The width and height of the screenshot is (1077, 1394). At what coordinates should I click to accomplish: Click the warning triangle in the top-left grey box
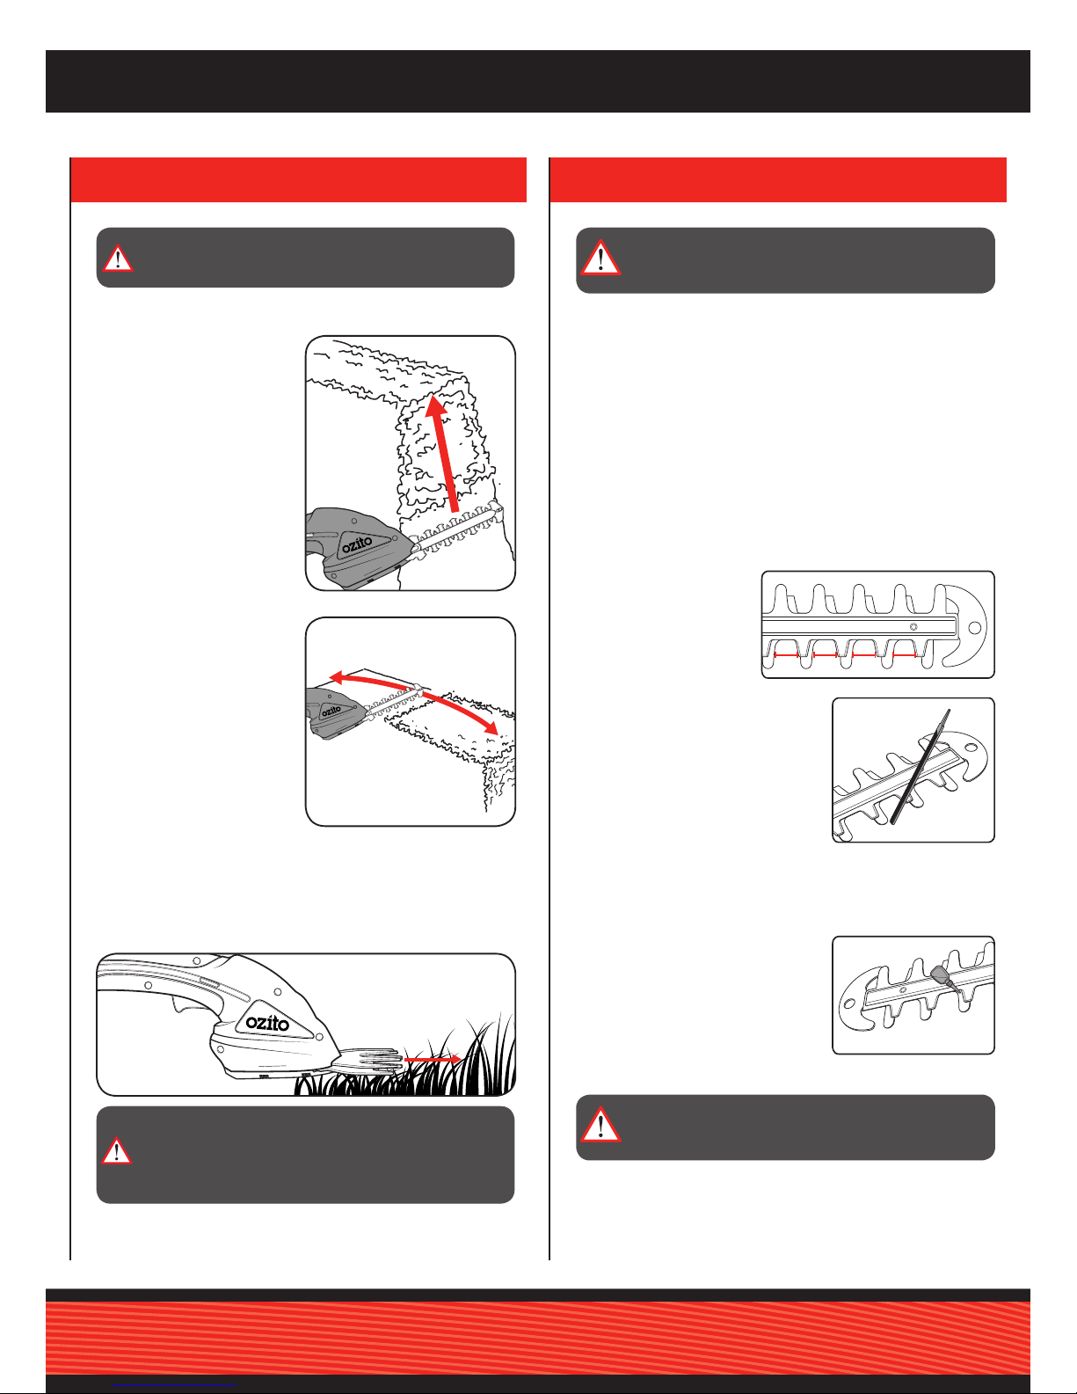tap(118, 259)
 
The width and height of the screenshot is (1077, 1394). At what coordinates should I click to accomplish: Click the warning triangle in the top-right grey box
tap(600, 258)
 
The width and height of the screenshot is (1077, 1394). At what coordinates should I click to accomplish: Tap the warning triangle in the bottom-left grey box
tap(117, 1151)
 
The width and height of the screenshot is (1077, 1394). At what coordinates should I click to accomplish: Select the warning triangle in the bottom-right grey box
tap(600, 1125)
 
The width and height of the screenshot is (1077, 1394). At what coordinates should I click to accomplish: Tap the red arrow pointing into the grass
tap(433, 1059)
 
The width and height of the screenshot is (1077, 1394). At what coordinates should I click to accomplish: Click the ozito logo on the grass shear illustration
tap(267, 1023)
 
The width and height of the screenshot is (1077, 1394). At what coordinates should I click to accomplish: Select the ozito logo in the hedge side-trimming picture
tap(356, 544)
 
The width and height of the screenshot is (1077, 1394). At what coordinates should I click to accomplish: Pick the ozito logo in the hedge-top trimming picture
tap(331, 711)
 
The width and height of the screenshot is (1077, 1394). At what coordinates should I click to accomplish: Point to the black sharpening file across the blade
tap(921, 766)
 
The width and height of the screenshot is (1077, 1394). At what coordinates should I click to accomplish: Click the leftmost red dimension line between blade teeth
tap(786, 655)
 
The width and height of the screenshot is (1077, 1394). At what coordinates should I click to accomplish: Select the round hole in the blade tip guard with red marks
tap(974, 627)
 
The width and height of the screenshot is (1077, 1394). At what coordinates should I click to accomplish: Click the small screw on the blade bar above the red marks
tap(913, 627)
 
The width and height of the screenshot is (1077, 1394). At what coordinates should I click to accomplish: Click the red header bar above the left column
tap(298, 179)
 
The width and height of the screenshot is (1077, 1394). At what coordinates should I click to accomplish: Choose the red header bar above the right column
tap(778, 179)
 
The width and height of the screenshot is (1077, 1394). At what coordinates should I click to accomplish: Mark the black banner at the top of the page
tap(538, 82)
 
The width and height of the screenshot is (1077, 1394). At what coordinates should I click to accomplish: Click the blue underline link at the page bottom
tap(174, 1386)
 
